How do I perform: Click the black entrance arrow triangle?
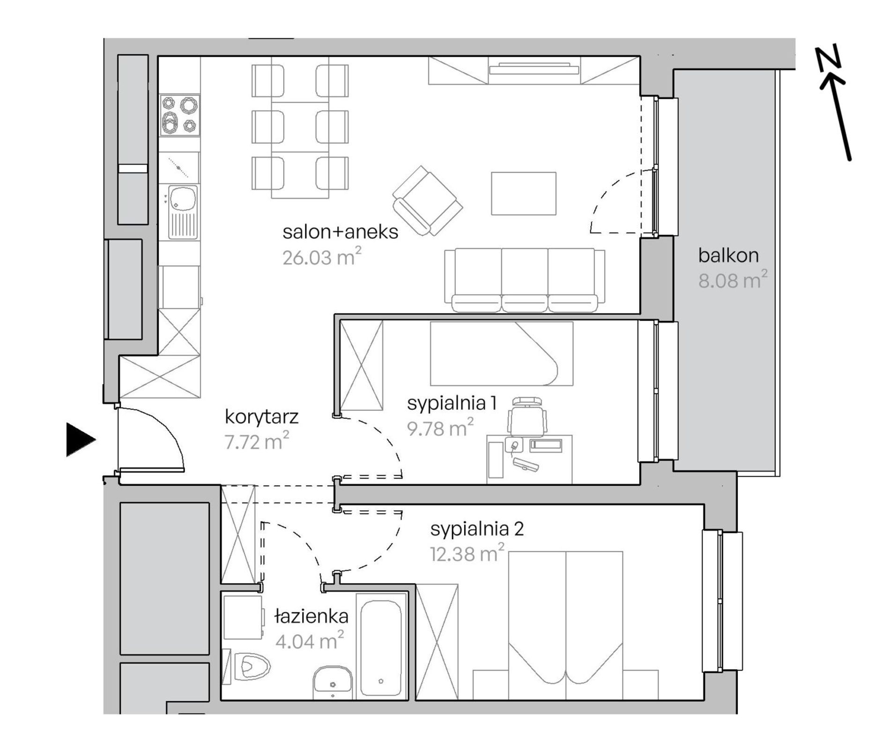[x=80, y=439]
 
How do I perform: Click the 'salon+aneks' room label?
[x=341, y=232]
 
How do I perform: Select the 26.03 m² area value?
[x=322, y=257]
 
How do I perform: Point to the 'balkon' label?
[x=728, y=256]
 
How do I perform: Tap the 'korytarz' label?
[x=262, y=417]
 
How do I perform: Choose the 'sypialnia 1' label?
[x=452, y=403]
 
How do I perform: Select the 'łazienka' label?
[x=311, y=616]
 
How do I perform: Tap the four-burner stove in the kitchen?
[x=180, y=115]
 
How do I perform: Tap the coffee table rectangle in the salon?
[x=524, y=194]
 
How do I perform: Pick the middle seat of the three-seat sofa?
[x=525, y=280]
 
